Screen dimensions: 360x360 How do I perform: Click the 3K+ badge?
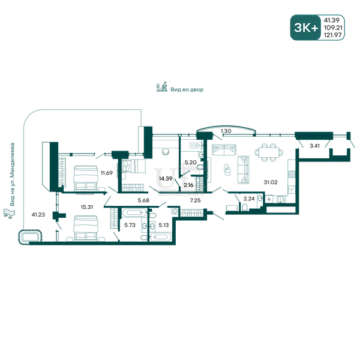point(305,28)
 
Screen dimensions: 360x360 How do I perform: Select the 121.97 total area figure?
point(332,35)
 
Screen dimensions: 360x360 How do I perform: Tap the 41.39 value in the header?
point(331,20)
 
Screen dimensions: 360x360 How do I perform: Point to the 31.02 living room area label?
point(271,182)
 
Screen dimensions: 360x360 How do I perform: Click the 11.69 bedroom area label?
point(107,173)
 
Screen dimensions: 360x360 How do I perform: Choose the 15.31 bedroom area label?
point(87,207)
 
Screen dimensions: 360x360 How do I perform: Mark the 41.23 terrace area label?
point(38,215)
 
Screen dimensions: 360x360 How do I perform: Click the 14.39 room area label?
point(166,179)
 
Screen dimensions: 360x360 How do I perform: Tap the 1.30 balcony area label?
point(226,131)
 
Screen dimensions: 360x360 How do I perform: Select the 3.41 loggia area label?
point(314,146)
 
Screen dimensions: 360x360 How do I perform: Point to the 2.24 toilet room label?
point(249,199)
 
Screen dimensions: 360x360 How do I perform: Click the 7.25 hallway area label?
point(195,200)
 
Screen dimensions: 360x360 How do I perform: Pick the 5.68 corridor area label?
point(143,200)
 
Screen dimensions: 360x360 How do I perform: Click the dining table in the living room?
point(269,152)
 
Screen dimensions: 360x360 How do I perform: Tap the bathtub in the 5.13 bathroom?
point(161,237)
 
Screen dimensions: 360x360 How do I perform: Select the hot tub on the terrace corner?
point(31,237)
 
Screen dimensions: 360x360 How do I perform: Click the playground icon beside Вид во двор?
point(162,87)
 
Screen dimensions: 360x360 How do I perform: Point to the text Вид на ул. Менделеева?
point(12,175)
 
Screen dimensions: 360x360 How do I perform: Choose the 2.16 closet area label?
point(188,185)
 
